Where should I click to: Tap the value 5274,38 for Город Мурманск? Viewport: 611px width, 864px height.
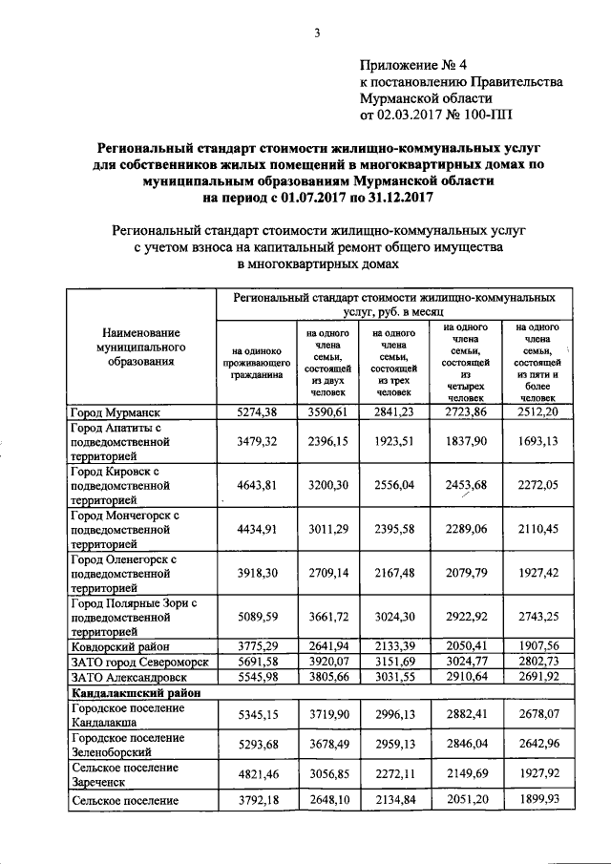[255, 412]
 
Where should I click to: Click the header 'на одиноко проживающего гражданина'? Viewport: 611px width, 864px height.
[254, 362]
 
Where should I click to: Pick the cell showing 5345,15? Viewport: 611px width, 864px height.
[255, 714]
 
